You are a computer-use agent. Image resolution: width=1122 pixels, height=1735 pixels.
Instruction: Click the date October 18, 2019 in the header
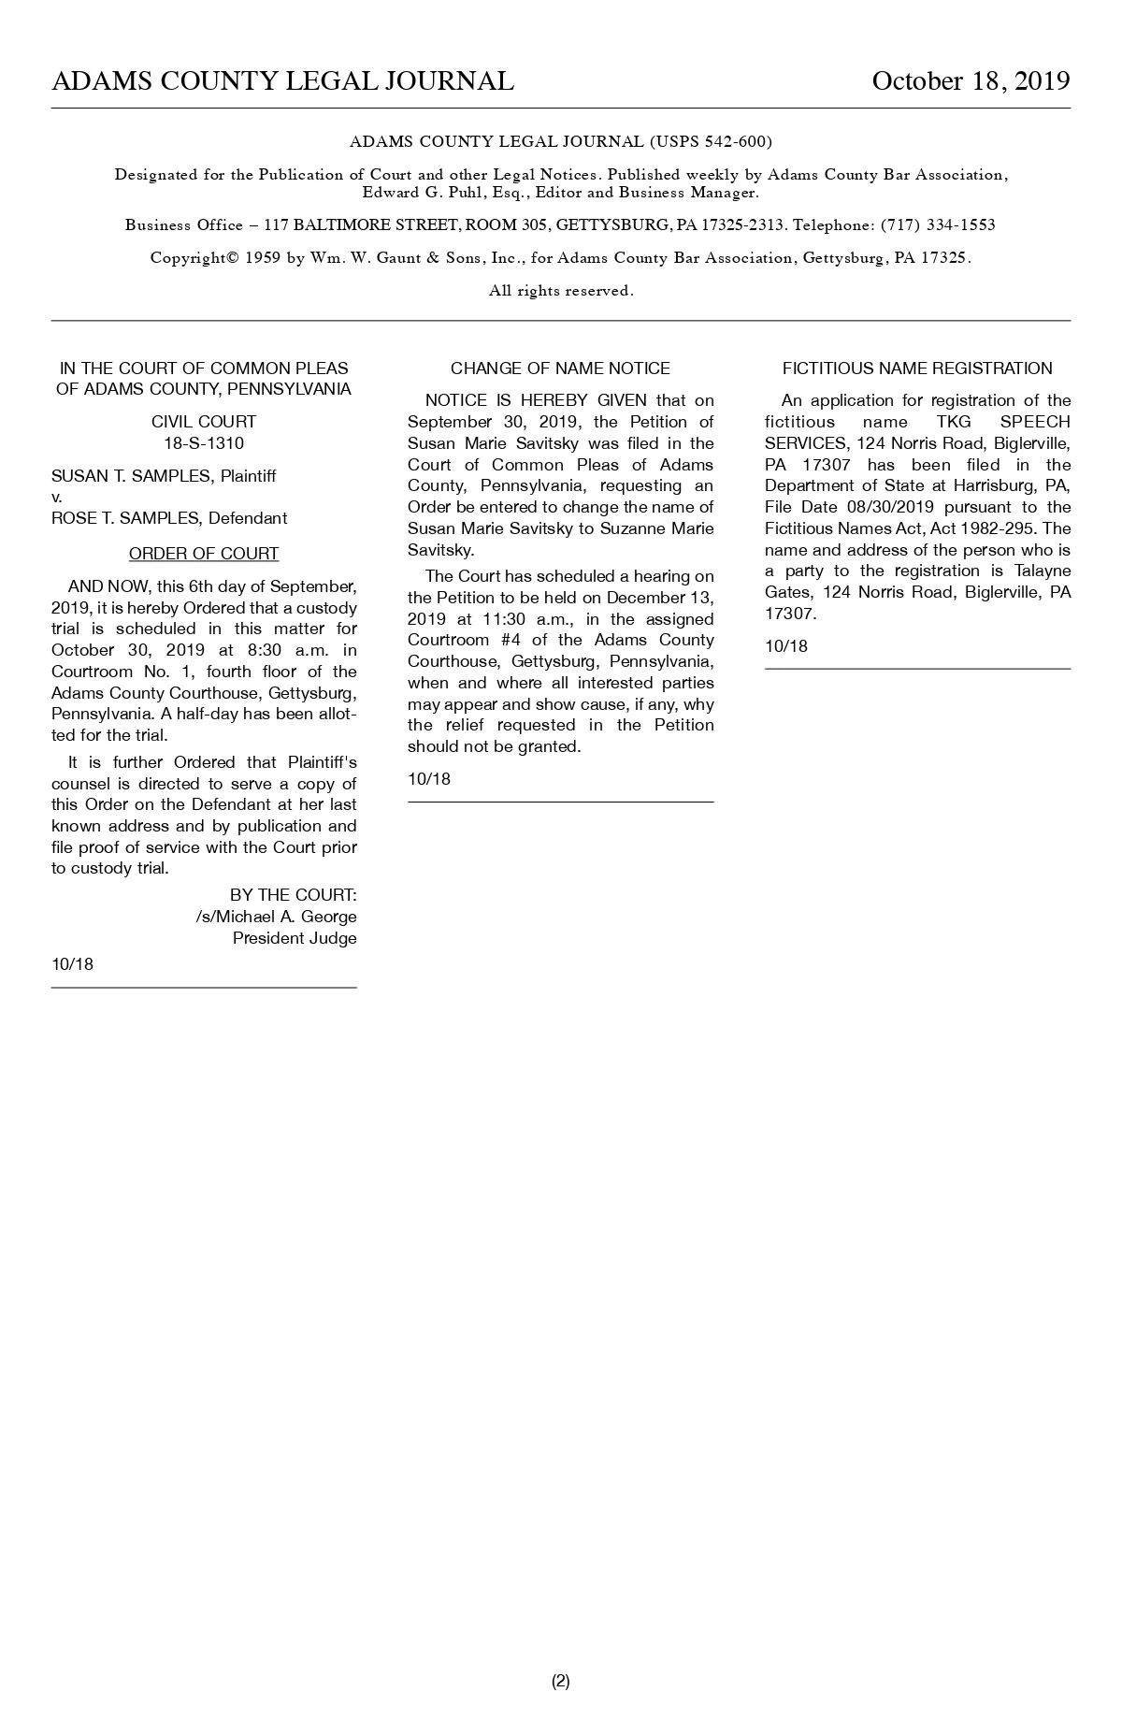[x=971, y=81]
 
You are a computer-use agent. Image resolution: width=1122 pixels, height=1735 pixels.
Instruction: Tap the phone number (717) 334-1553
[x=938, y=225]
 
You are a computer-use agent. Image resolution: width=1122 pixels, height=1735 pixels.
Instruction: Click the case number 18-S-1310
[x=204, y=443]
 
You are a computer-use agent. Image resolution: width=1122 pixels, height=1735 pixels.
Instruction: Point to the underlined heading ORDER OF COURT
[x=204, y=554]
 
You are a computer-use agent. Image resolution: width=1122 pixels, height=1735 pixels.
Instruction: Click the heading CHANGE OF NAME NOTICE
[x=560, y=369]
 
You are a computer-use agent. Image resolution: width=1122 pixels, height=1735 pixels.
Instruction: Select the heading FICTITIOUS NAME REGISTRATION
[x=917, y=369]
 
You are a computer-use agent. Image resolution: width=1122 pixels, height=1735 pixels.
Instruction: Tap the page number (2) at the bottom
[x=560, y=1681]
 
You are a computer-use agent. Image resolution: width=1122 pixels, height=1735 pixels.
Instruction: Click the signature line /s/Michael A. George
[x=276, y=917]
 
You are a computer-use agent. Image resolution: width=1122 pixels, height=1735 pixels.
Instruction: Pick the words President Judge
[x=295, y=938]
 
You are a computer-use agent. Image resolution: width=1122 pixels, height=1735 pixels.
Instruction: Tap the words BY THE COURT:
[x=293, y=895]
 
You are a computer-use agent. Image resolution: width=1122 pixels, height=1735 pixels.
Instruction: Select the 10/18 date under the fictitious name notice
[x=785, y=646]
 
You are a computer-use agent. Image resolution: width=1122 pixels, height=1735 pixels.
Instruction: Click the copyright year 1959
[x=263, y=258]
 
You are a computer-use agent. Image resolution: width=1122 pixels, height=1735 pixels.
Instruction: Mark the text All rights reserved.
[x=561, y=291]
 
